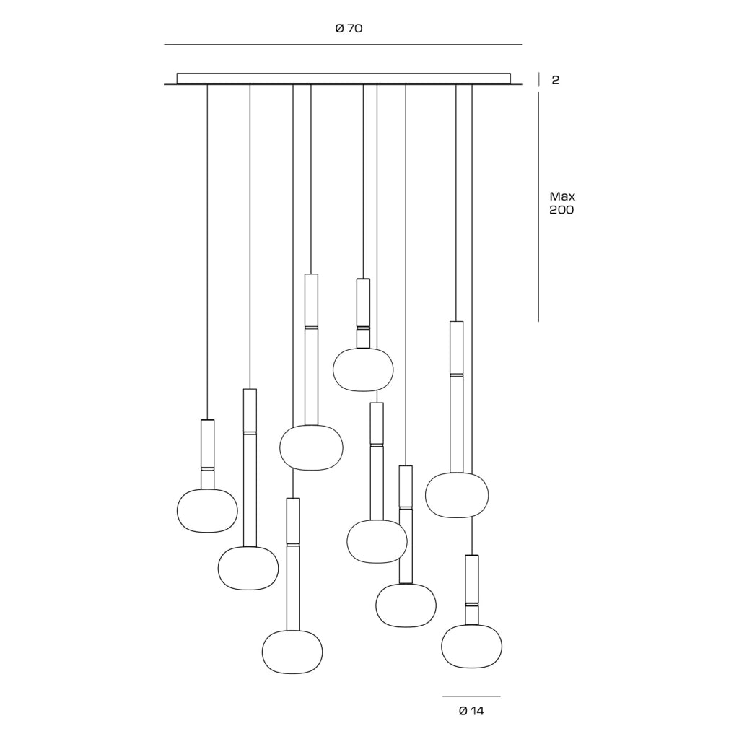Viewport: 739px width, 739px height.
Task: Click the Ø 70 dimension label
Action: click(349, 29)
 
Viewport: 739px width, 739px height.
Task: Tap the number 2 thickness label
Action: click(555, 80)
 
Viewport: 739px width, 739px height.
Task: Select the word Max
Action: click(562, 196)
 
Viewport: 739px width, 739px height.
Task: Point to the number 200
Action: click(561, 210)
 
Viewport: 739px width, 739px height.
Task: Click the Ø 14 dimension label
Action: click(471, 711)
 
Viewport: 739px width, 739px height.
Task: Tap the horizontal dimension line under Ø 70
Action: click(343, 44)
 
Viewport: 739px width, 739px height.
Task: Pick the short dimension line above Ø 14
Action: click(471, 696)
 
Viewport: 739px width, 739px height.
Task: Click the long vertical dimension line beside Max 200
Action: click(538, 207)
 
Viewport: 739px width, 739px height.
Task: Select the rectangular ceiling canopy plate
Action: click(344, 79)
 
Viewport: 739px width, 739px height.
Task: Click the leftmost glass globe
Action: click(207, 511)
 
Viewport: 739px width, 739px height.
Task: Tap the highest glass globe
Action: click(364, 369)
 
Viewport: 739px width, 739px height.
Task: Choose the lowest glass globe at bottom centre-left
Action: click(292, 652)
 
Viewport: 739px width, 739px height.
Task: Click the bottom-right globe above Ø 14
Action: click(472, 646)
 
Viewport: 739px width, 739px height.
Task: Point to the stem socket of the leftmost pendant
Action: click(208, 455)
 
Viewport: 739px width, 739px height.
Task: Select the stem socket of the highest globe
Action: click(364, 313)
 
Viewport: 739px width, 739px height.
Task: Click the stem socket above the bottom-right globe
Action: click(472, 590)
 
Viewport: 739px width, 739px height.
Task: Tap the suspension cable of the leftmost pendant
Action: click(207, 252)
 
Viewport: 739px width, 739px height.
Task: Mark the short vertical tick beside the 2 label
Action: click(538, 79)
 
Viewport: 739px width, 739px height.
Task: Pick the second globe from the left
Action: click(248, 569)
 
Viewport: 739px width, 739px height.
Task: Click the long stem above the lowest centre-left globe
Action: click(293, 564)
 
